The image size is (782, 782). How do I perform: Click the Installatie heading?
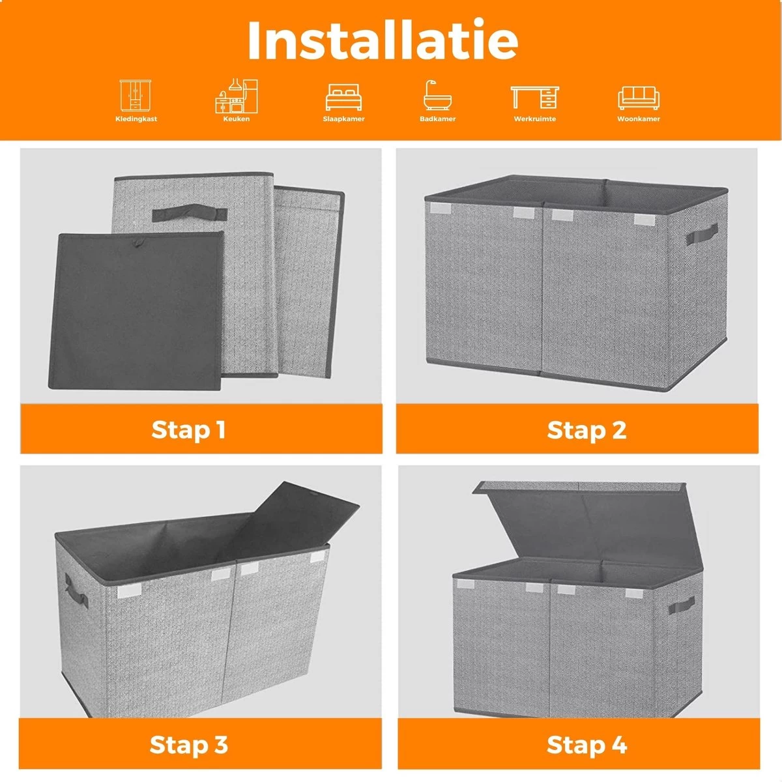coord(383,40)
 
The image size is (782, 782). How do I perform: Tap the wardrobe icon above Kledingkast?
coord(136,95)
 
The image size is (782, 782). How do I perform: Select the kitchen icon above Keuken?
coord(236,96)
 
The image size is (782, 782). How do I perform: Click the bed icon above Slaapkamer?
coord(343,97)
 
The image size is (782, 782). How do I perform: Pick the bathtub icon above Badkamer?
coord(437,95)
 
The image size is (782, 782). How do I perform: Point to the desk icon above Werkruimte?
coord(535,97)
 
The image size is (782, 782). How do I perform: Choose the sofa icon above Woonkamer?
coord(639,98)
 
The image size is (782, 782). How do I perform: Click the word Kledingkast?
coord(136,119)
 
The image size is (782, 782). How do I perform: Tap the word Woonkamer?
coord(639,119)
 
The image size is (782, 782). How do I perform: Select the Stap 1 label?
coord(188,429)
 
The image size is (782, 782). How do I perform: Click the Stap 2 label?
coord(586,429)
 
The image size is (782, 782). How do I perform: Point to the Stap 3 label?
coord(189,745)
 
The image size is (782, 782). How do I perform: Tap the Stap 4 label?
coord(586,745)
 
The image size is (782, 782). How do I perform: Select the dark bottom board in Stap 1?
coord(136,310)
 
